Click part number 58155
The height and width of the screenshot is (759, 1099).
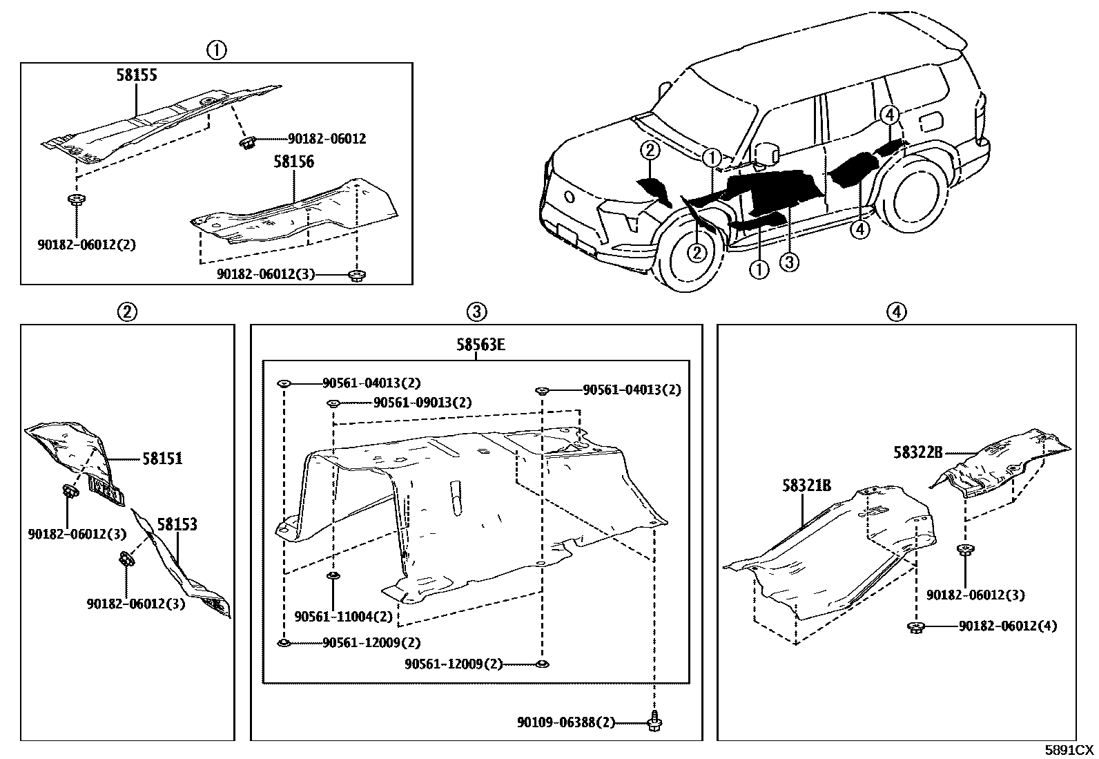pyautogui.click(x=136, y=75)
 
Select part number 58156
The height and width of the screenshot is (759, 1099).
pyautogui.click(x=293, y=162)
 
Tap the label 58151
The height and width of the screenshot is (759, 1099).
pyautogui.click(x=162, y=458)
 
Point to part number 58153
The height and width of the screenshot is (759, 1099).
pyautogui.click(x=177, y=524)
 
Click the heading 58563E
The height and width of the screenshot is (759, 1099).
pyautogui.click(x=480, y=345)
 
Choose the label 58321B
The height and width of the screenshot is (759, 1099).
pyautogui.click(x=806, y=486)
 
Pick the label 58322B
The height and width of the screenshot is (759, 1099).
pyautogui.click(x=917, y=452)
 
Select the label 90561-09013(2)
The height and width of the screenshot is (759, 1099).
pyautogui.click(x=422, y=403)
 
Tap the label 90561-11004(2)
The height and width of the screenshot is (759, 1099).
pyautogui.click(x=343, y=616)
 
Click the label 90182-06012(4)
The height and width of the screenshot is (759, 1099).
pyautogui.click(x=1007, y=626)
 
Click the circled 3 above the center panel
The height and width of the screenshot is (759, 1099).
pyautogui.click(x=476, y=311)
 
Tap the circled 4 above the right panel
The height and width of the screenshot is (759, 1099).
pyautogui.click(x=895, y=311)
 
